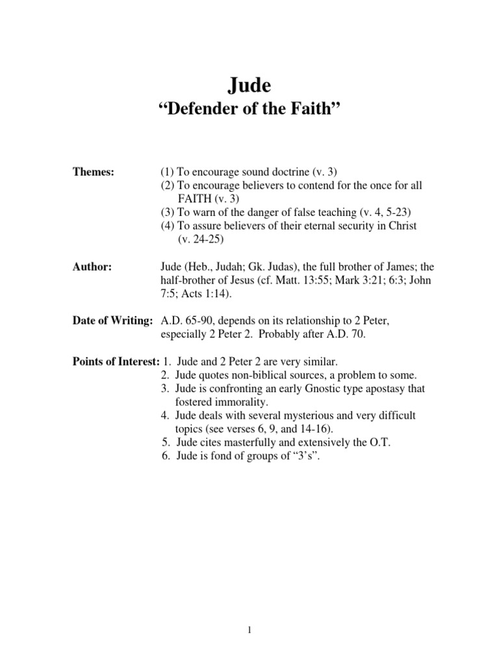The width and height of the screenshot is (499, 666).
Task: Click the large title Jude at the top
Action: coord(249,85)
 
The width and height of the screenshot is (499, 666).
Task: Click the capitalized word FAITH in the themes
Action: coord(192,199)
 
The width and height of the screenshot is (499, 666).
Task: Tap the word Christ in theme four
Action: coord(401,226)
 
